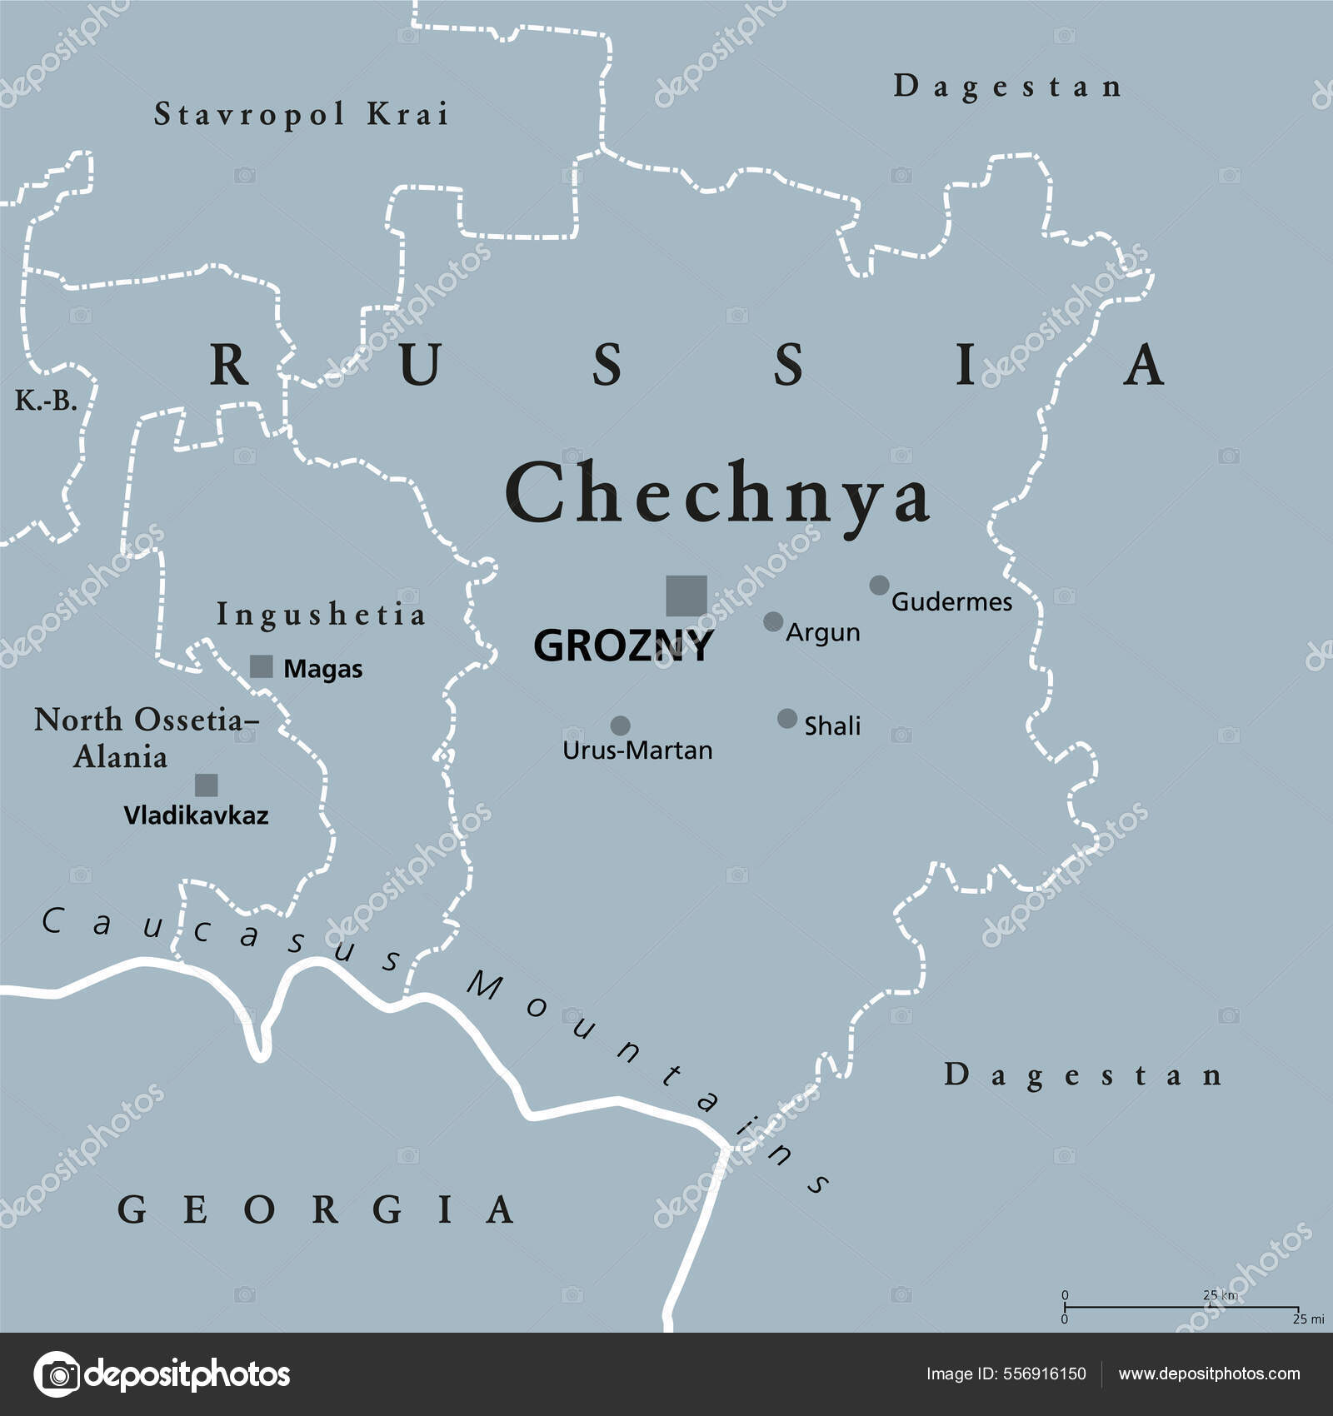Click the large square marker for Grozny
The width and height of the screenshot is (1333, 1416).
(686, 596)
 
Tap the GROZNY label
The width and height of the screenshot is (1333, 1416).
(623, 646)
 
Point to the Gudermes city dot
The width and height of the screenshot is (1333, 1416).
(879, 585)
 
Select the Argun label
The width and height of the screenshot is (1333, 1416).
(822, 632)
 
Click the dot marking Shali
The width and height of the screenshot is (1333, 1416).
(787, 718)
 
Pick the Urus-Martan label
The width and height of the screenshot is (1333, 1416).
(637, 750)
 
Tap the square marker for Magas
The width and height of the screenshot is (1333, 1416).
(262, 666)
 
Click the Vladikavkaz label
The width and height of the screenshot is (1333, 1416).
(196, 815)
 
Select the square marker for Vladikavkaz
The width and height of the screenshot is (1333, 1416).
(207, 785)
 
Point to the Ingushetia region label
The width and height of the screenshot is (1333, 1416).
(321, 615)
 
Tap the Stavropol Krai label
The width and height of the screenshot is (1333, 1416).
(302, 114)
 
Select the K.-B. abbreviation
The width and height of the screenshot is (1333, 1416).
(46, 401)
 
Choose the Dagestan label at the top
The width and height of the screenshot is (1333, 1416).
(1008, 87)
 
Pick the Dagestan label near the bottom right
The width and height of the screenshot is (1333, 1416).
(1083, 1075)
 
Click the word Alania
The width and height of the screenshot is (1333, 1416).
(120, 757)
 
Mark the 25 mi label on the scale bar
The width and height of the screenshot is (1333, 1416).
(1308, 1319)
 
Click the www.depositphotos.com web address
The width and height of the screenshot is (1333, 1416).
(1209, 1374)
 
